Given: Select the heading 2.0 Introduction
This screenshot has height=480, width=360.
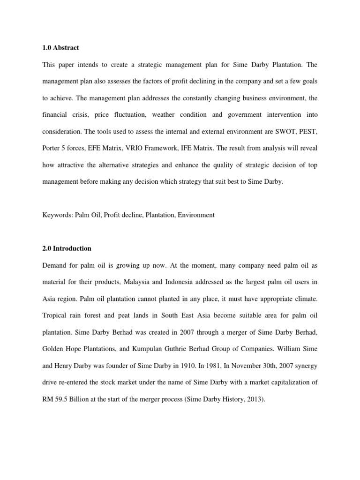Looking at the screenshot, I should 66,248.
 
